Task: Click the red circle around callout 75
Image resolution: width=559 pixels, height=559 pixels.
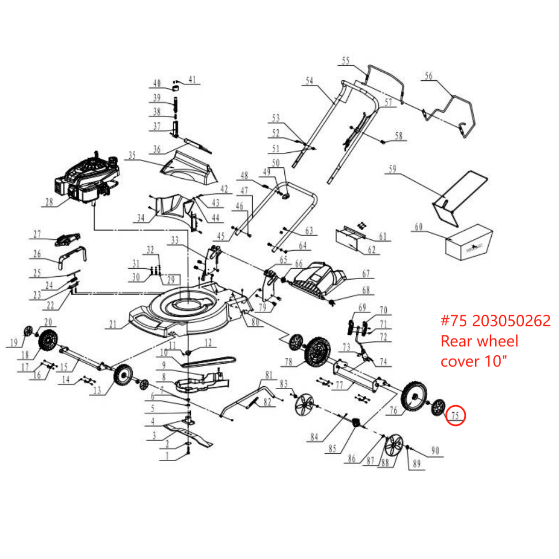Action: (455, 415)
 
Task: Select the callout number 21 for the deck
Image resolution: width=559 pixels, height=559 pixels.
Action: (112, 324)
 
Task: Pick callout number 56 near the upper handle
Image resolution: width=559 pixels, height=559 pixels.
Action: (428, 75)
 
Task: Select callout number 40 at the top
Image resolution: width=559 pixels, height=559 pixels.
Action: (157, 83)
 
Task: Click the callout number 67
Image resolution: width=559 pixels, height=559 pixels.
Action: (366, 273)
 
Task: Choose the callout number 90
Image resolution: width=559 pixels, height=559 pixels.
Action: (435, 450)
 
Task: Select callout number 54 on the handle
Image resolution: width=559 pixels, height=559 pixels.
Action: (309, 81)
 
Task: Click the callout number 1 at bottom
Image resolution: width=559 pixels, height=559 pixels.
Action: (167, 456)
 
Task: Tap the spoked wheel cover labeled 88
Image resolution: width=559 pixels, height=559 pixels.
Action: (394, 445)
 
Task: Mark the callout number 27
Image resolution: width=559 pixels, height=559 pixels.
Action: (37, 234)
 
